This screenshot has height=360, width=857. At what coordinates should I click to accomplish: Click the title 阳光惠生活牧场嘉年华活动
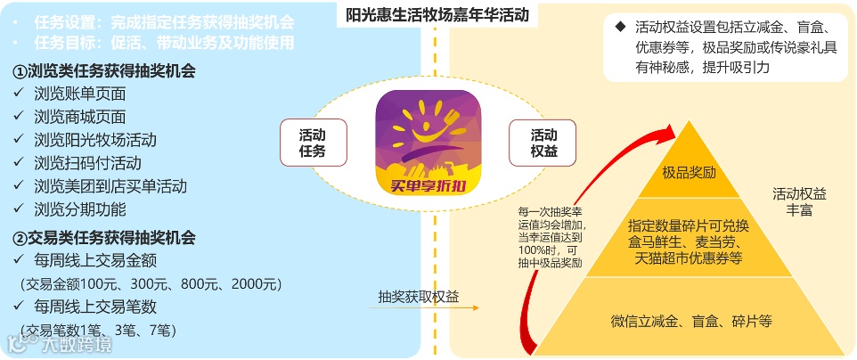437,14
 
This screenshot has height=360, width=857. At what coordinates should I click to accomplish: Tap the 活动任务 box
313,143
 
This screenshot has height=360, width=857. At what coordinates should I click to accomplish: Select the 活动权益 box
543,143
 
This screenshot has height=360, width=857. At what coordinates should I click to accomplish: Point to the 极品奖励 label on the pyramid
689,171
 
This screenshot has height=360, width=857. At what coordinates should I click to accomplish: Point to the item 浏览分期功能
80,209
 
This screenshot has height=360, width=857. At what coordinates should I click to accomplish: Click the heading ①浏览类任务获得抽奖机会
104,70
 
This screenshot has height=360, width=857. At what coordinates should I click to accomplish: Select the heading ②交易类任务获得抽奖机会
104,238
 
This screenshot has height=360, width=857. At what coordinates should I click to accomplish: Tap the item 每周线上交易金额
95,261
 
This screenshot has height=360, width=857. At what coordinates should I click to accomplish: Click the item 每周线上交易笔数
95,307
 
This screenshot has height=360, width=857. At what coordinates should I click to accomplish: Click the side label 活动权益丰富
799,201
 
